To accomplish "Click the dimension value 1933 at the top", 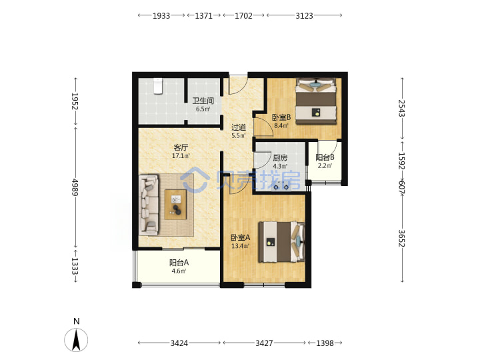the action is click(161, 15).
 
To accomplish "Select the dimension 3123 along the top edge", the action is click(304, 15).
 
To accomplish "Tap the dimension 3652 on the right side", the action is click(401, 239).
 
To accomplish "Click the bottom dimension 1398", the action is click(325, 343).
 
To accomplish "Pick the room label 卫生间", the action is click(203, 101).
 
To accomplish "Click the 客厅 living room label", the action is click(181, 147).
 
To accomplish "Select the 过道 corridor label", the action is click(239, 127).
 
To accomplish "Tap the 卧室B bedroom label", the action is click(281, 117).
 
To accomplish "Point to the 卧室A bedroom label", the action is click(240, 237).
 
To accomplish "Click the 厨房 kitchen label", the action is click(280, 157).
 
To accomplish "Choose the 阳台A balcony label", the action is click(179, 263).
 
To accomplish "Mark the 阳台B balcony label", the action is click(325, 157).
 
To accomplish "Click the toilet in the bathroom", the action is click(157, 86).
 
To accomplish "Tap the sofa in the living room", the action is click(149, 205).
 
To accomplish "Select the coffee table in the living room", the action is click(176, 205).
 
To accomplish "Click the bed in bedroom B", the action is click(315, 101).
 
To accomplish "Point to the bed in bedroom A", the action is click(281, 242).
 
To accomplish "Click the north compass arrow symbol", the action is click(76, 339).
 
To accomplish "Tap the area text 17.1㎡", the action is click(181, 156).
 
